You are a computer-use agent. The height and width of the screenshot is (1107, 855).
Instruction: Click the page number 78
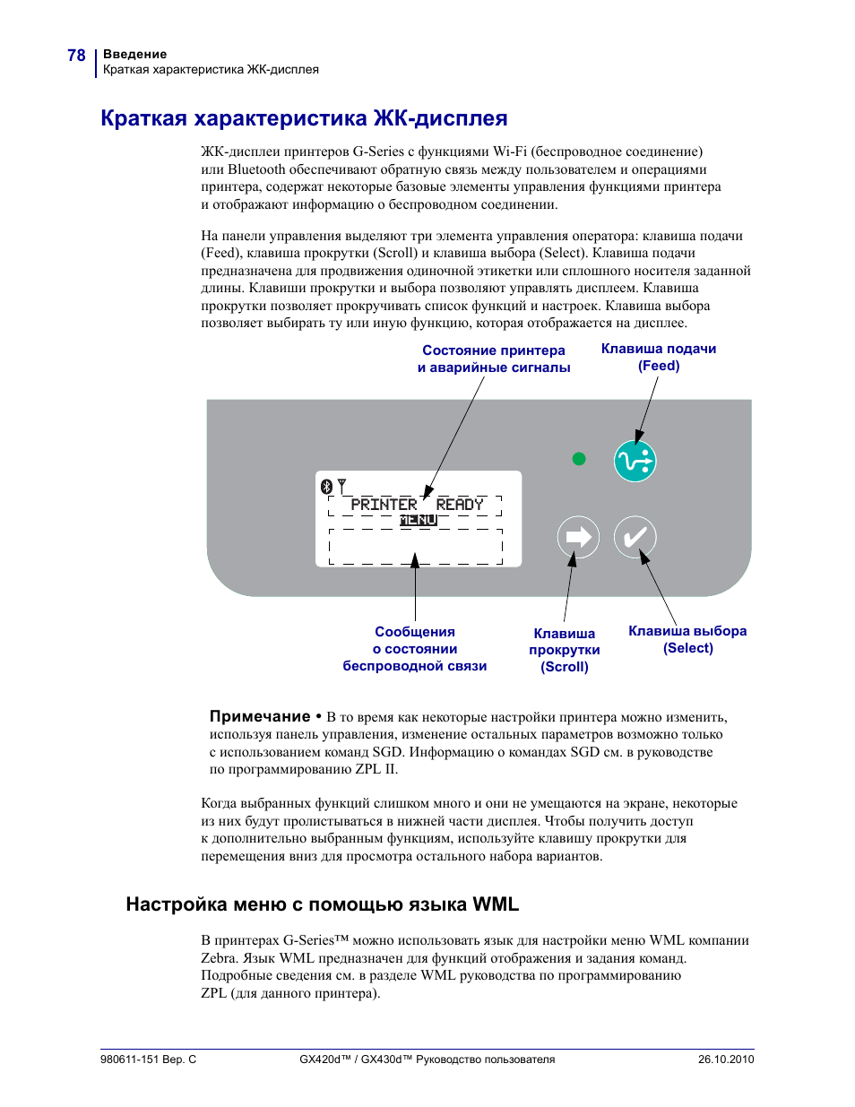pos(76,56)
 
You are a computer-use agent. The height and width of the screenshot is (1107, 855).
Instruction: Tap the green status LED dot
pos(579,459)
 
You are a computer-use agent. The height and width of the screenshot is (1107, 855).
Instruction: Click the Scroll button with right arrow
pos(578,537)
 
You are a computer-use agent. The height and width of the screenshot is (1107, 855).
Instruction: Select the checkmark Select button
pos(635,537)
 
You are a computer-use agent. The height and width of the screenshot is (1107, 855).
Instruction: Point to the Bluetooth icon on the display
pos(326,487)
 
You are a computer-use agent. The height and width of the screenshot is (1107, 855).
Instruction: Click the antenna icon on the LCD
pos(341,486)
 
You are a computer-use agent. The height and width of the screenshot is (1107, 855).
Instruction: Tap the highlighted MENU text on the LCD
pos(418,520)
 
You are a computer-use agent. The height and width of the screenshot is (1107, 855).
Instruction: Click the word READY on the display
pos(460,505)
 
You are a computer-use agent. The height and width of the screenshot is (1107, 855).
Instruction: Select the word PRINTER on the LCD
pos(384,505)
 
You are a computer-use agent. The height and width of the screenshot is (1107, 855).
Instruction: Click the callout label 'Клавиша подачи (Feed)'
pos(659,357)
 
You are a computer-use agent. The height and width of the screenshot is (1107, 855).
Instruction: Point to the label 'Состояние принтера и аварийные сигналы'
pos(494,359)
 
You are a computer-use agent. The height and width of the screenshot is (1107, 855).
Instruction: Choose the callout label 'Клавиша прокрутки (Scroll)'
pos(565,650)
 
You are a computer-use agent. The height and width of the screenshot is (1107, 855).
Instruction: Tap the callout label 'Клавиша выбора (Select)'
pos(687,639)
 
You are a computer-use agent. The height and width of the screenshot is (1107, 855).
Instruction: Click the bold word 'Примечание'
pos(260,716)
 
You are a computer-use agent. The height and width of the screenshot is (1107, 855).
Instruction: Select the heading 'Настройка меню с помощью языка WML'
pos(323,904)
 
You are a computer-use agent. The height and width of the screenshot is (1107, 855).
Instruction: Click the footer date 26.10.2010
pos(726,1059)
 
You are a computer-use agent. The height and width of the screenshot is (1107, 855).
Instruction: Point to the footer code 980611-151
pos(130,1059)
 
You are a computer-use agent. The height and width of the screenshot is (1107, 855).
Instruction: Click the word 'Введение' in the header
pos(134,54)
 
